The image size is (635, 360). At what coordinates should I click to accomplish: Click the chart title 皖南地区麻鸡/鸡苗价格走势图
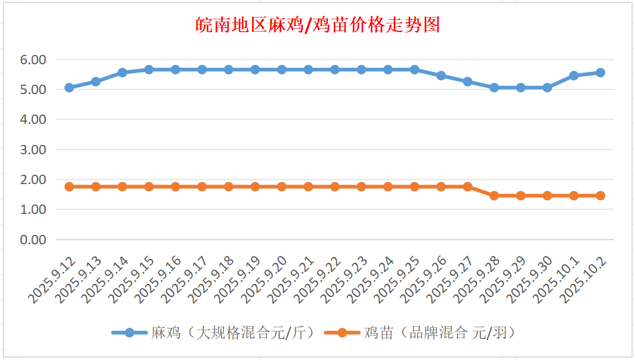(x=317, y=25)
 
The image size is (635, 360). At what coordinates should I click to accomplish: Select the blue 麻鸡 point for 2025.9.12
(x=69, y=88)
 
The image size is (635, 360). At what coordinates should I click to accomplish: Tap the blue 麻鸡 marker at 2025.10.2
(x=600, y=72)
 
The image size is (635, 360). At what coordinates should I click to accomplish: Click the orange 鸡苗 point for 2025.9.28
(x=494, y=196)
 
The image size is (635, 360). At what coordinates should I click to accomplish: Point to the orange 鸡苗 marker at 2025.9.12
(x=69, y=186)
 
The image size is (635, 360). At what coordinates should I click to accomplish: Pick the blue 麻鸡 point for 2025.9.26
(x=441, y=75)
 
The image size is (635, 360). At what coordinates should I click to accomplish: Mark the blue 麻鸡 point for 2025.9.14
(x=122, y=72)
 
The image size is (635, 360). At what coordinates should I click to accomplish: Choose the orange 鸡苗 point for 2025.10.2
(x=600, y=196)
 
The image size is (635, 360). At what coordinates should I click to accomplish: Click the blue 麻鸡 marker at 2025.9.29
(x=520, y=88)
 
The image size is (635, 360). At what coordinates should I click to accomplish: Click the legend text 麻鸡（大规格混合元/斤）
(x=233, y=333)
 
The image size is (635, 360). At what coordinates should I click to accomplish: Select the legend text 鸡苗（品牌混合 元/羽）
(x=439, y=333)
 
